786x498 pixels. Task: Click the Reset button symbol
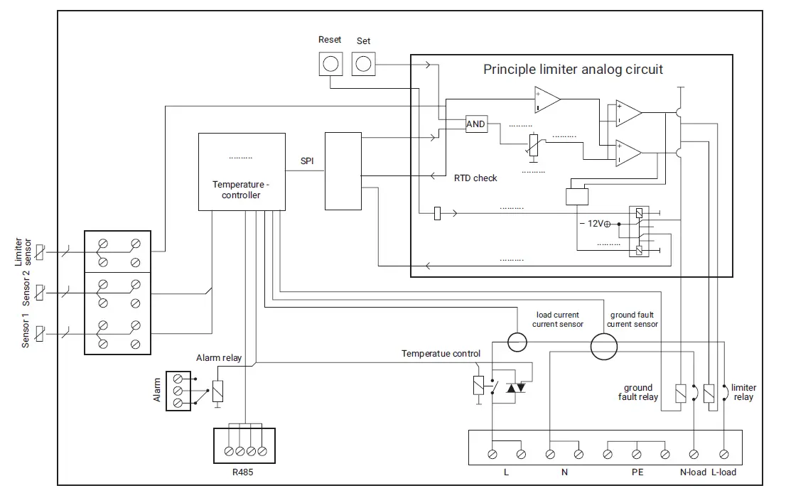coord(330,64)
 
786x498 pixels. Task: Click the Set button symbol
coord(363,64)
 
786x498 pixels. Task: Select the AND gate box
coord(475,124)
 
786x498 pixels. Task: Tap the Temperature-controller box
coord(242,172)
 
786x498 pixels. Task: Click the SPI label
coord(306,161)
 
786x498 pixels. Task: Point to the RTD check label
coord(475,178)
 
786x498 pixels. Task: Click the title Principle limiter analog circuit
coord(573,70)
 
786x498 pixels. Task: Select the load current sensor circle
coord(518,342)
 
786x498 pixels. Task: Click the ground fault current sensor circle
coord(604,347)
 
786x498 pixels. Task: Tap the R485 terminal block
coord(244,445)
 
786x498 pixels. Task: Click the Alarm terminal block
coord(179,391)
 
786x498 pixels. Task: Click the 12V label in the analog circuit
coord(596,223)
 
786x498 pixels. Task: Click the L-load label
coord(723,472)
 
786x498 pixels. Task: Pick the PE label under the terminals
coord(637,472)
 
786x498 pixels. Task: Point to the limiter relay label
coord(743,392)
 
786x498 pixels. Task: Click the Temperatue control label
coord(441,354)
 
